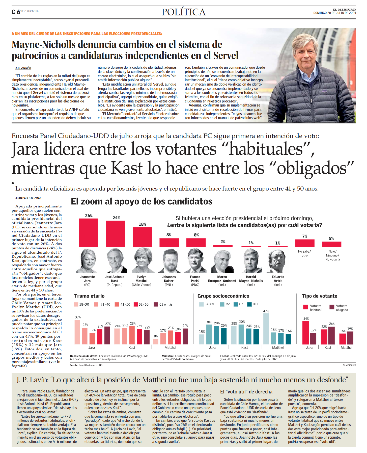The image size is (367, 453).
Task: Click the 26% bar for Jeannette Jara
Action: point(89,233)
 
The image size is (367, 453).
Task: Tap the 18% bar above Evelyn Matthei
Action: point(142,237)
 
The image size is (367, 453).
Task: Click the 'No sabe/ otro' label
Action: point(304,253)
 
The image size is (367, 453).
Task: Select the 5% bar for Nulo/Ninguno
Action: point(331,244)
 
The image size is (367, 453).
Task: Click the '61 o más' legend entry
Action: point(163,304)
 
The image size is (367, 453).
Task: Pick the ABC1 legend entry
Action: point(207,304)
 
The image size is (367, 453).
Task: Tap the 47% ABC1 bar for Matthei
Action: point(266,329)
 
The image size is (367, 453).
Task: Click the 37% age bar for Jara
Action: point(77,332)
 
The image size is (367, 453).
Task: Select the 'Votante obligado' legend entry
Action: point(339,308)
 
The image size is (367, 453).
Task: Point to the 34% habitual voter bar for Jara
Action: point(306,333)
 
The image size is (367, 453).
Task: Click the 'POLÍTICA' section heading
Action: point(184,12)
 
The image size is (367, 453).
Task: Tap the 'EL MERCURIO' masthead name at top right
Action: point(344,10)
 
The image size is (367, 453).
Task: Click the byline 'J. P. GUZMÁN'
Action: point(23,68)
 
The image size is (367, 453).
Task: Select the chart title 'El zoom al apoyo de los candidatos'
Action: point(142,201)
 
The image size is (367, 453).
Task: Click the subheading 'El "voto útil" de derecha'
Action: point(246,392)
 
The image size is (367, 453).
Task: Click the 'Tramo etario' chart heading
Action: point(89,296)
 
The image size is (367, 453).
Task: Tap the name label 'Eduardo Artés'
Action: point(278,279)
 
